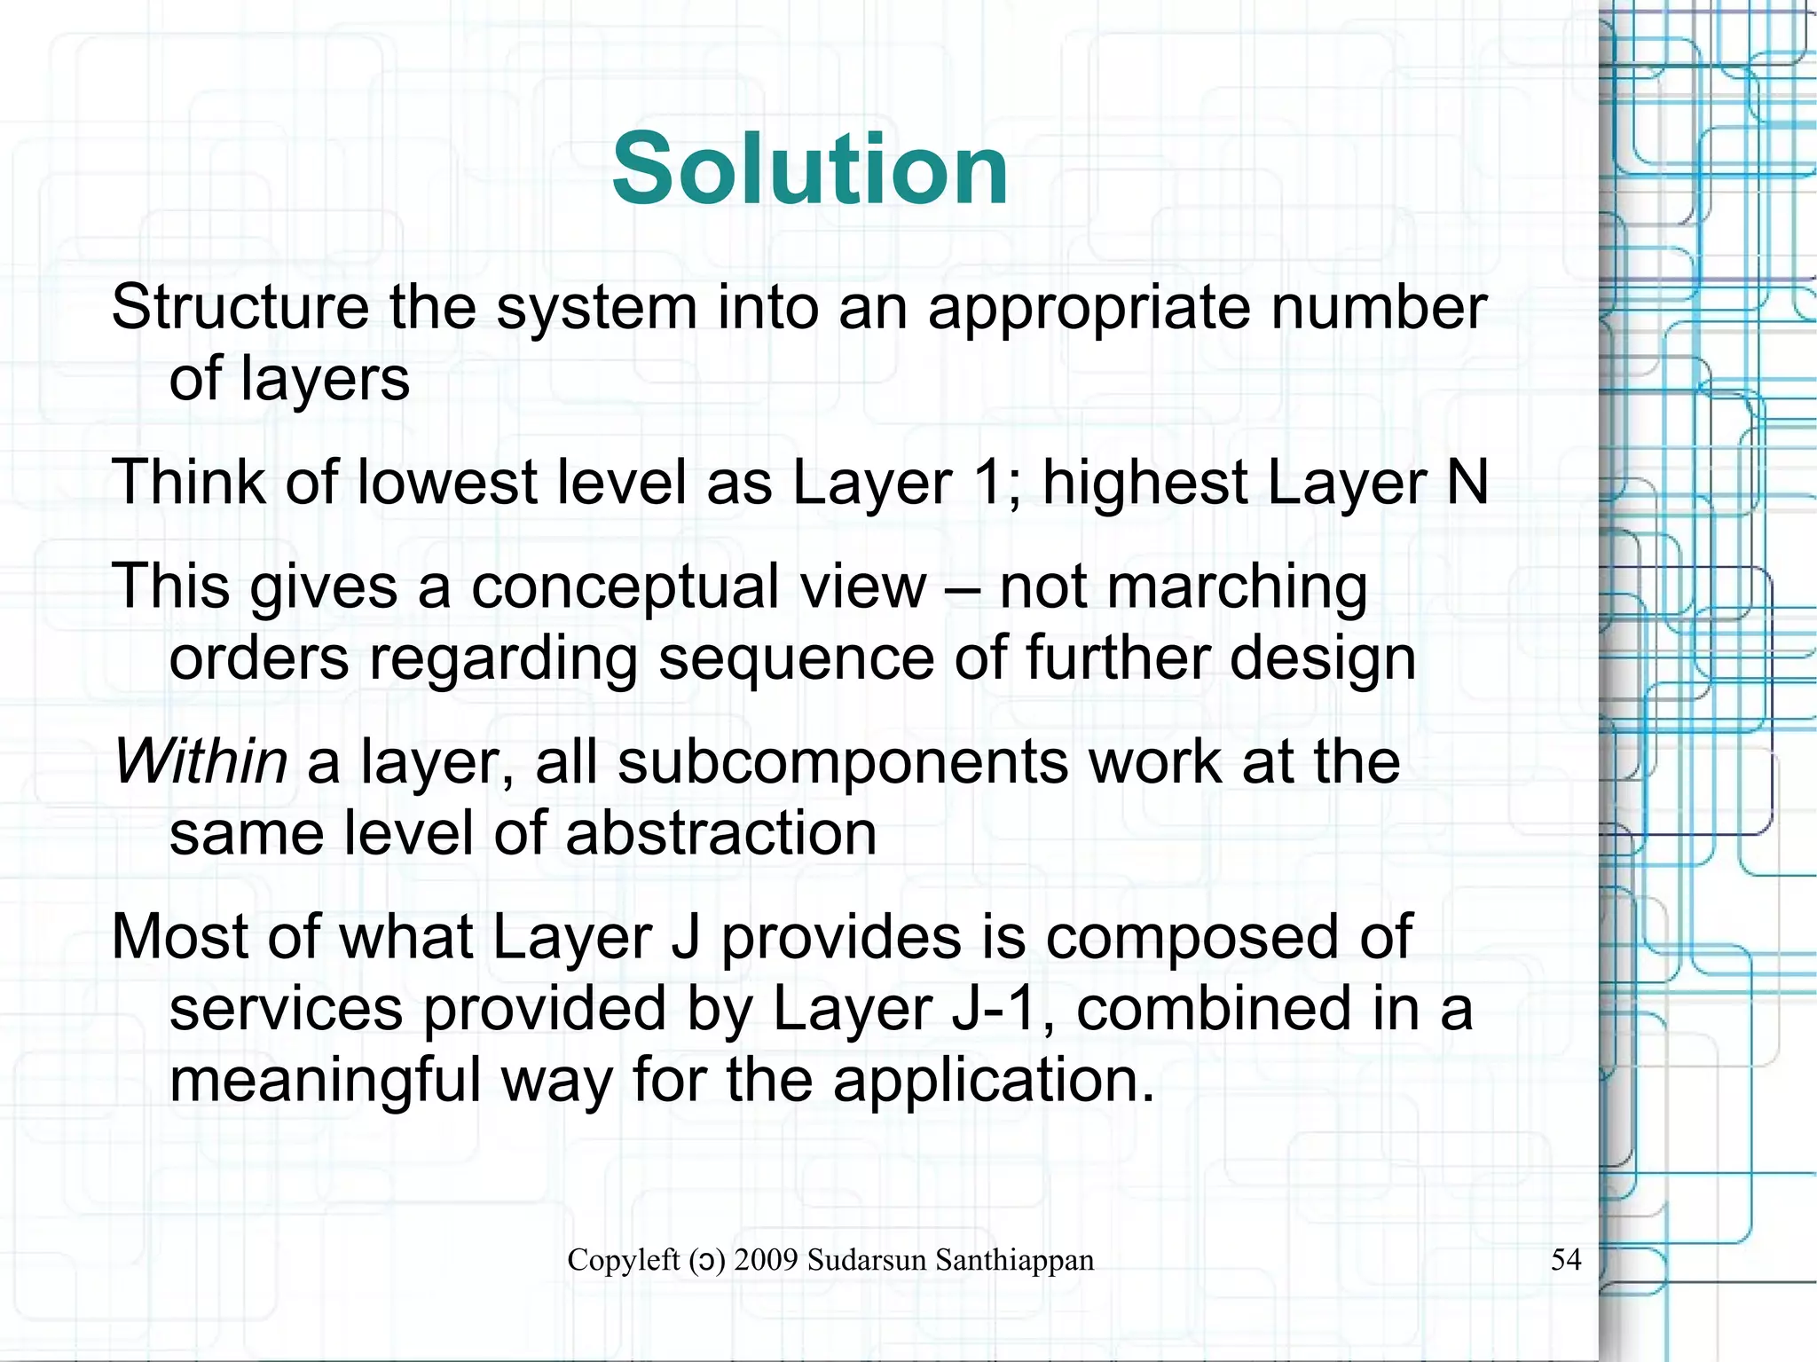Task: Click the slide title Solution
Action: (x=809, y=169)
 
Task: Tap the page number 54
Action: (x=1566, y=1259)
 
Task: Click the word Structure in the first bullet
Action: (x=240, y=308)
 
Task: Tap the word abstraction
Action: (x=720, y=833)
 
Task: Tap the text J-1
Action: (x=993, y=1009)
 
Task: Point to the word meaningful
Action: (x=325, y=1081)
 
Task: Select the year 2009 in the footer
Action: (x=766, y=1260)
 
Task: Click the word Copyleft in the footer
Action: (x=623, y=1260)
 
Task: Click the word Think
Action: (x=188, y=483)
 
